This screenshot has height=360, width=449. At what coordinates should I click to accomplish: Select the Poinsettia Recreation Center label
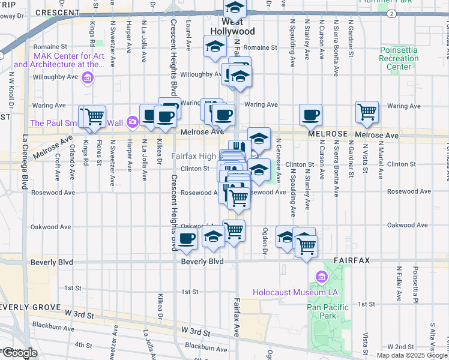point(399,59)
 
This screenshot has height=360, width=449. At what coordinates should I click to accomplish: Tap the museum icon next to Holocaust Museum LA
point(319,277)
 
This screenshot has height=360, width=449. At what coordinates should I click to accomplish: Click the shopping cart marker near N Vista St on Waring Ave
point(367,111)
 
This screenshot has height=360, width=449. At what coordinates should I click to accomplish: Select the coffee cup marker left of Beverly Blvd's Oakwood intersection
point(187,239)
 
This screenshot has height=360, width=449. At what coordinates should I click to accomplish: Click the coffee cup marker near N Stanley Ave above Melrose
point(310,115)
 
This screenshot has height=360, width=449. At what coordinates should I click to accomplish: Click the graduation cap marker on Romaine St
point(215,47)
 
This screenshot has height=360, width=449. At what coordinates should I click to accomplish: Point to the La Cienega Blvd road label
point(25,155)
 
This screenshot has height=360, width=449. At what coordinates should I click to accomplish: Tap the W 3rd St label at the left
point(80,314)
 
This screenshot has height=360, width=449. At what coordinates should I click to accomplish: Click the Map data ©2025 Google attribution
point(412,355)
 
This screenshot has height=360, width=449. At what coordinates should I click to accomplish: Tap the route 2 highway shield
point(391,13)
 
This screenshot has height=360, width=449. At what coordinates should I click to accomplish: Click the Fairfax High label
point(193,156)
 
